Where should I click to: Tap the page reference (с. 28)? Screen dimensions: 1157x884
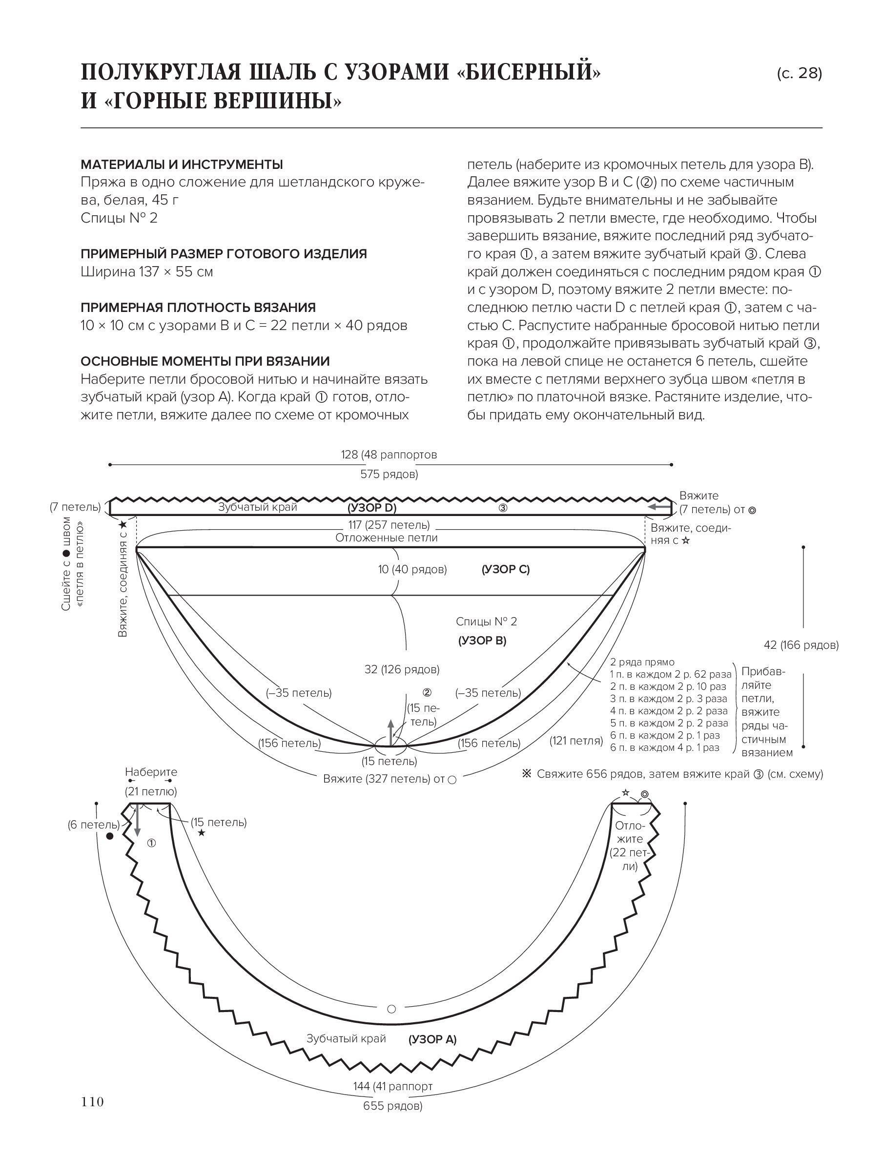click(799, 73)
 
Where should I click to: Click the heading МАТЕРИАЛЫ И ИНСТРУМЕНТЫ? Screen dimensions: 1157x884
click(182, 165)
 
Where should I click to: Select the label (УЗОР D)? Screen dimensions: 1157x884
click(372, 508)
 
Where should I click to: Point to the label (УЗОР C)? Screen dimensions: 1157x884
click(506, 569)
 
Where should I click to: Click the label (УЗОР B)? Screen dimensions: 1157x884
click(482, 640)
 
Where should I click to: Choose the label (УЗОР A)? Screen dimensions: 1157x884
click(432, 1040)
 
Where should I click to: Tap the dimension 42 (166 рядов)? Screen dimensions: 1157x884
click(801, 645)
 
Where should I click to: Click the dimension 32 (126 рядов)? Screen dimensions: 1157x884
click(402, 669)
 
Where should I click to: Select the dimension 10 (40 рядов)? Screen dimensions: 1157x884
click(412, 569)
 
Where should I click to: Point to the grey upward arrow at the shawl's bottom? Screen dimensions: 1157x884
click(391, 731)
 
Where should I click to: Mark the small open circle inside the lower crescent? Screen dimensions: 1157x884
click(391, 1009)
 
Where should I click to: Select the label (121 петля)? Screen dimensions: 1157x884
click(576, 741)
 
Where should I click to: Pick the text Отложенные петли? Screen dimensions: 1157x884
click(386, 537)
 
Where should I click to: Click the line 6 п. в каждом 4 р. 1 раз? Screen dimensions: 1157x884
click(664, 748)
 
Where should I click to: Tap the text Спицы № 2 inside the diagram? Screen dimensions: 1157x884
click(486, 621)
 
